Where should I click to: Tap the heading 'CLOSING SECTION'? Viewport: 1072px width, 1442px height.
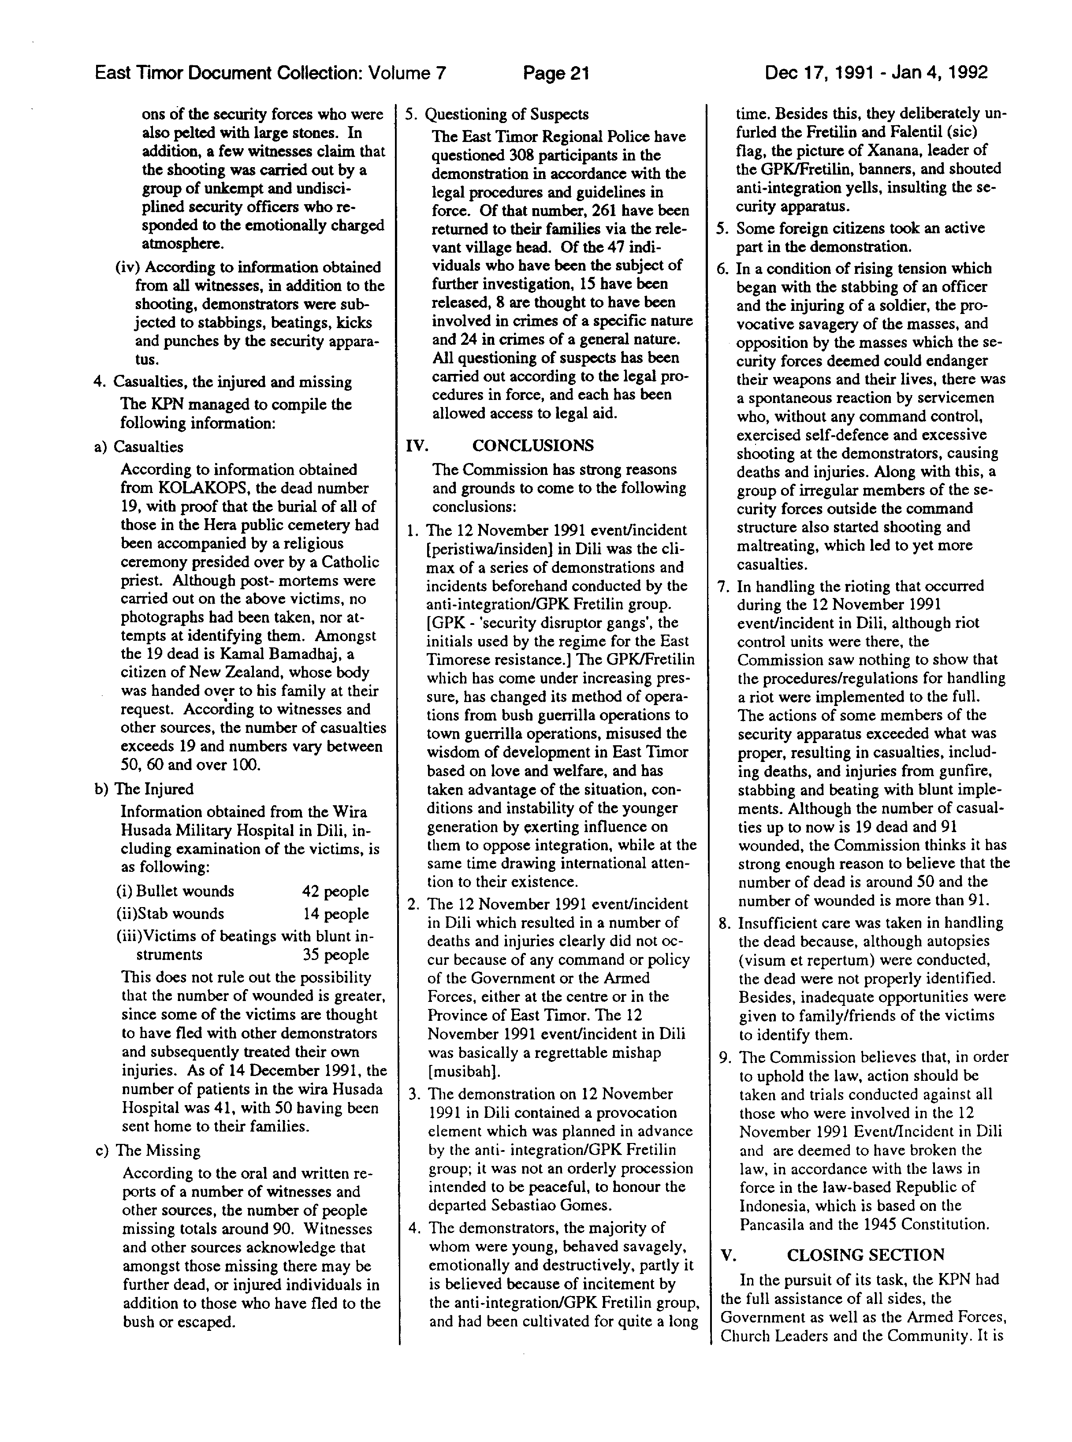[865, 1255]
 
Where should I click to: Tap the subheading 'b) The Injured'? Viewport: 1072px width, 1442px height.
[145, 789]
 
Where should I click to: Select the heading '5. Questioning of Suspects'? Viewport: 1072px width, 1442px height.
[497, 114]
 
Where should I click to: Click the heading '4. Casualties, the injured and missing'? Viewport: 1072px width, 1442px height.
[223, 382]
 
